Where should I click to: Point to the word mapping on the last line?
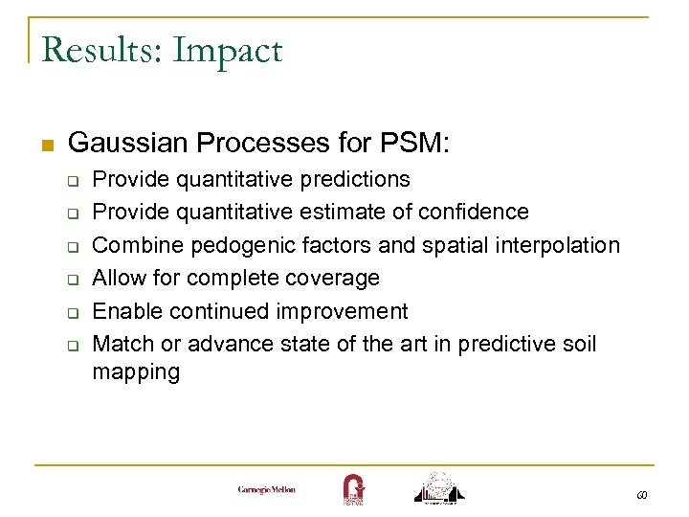(x=136, y=371)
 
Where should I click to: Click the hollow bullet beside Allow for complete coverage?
(x=70, y=280)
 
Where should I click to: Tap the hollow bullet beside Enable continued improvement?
(x=70, y=313)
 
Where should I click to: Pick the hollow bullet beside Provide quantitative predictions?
(x=70, y=181)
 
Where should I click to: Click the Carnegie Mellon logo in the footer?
(x=267, y=489)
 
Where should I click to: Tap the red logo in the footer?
(x=352, y=488)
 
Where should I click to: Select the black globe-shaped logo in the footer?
(x=439, y=486)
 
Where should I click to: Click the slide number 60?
(x=641, y=495)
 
